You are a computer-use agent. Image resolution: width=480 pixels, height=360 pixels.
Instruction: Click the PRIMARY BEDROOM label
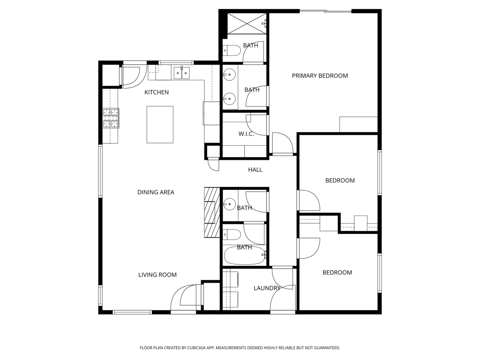[x=320, y=75]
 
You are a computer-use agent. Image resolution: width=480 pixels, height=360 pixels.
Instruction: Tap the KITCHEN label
[x=156, y=92]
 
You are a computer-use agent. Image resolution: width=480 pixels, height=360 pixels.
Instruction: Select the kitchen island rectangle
[x=160, y=124]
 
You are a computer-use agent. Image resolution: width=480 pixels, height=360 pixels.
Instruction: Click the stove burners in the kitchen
[x=111, y=118]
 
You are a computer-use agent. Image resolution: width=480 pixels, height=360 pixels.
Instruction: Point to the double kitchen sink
[x=182, y=73]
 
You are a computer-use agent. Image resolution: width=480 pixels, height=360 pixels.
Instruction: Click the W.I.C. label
[x=246, y=134]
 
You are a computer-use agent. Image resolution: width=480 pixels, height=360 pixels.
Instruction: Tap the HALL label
[x=255, y=170]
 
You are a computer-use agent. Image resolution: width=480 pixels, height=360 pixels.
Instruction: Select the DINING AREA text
[x=156, y=192]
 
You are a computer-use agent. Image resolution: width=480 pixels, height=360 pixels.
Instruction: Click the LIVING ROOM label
[x=157, y=275]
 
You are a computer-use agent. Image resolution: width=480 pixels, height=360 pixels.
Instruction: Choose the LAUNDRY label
[x=267, y=288]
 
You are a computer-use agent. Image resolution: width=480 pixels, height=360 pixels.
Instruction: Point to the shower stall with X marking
[x=247, y=23]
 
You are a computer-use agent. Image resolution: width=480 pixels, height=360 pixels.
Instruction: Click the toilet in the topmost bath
[x=231, y=50]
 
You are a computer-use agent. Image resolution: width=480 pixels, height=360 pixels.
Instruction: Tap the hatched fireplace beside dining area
[x=212, y=212]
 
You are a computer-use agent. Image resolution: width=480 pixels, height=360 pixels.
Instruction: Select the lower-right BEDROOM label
[x=337, y=272]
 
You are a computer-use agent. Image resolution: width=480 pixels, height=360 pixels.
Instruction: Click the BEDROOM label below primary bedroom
[x=340, y=180]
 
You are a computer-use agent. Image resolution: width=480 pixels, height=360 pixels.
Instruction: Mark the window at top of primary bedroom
[x=325, y=11]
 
